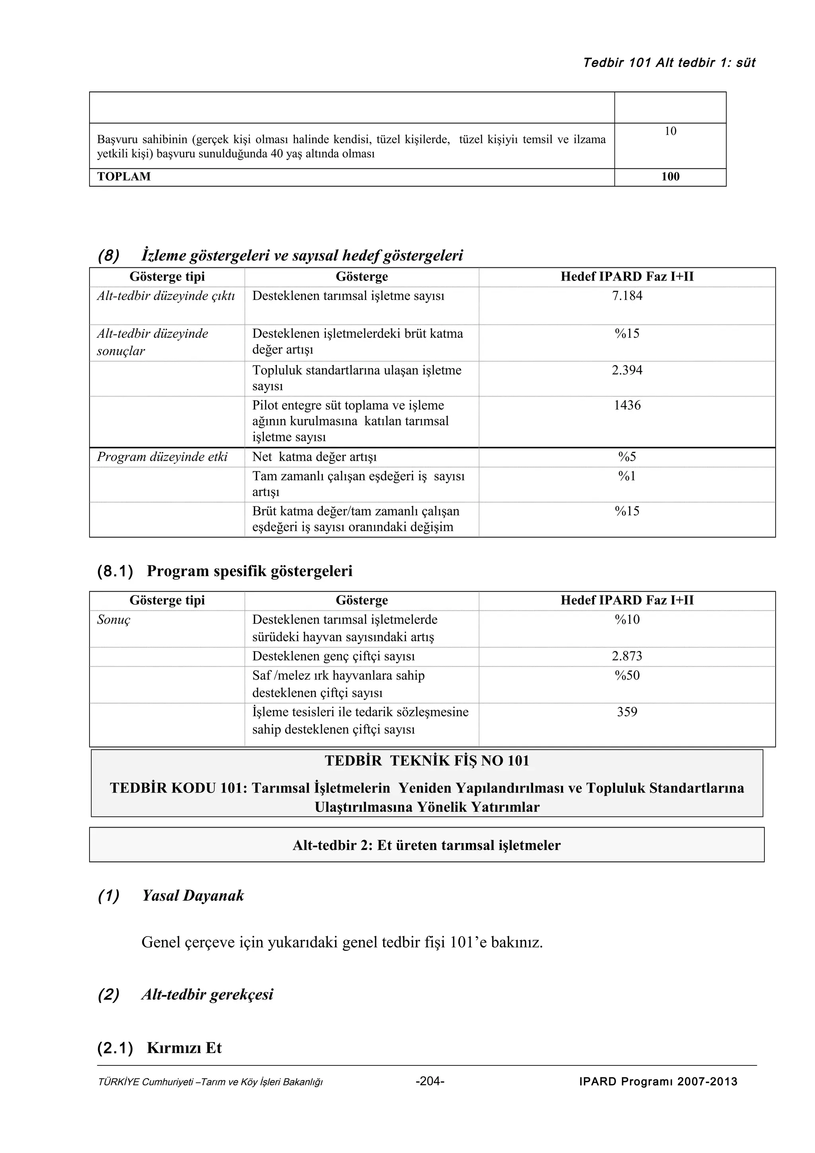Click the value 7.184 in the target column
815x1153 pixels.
(x=627, y=296)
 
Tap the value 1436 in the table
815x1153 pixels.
(x=627, y=405)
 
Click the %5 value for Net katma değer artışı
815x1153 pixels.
(x=627, y=456)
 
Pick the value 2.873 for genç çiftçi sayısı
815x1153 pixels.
(x=627, y=656)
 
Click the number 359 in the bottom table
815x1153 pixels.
(x=627, y=712)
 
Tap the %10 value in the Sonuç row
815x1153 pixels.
(x=627, y=619)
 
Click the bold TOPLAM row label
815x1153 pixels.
(x=123, y=177)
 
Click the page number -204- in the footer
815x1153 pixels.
(x=430, y=1081)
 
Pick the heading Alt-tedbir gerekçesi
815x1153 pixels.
(x=207, y=994)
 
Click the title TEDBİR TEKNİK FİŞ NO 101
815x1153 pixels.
(x=427, y=760)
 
